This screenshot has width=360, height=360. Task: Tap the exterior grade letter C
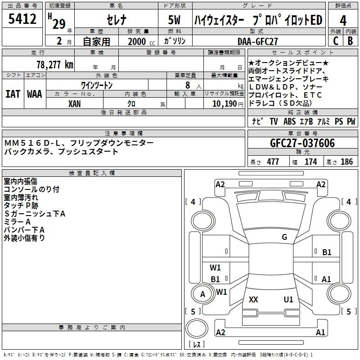point(335,40)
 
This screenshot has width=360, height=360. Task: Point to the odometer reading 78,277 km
point(54,65)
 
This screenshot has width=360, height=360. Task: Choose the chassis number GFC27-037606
point(302,143)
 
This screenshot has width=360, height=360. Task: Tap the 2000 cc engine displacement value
point(137,41)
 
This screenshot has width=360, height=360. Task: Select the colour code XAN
point(75,103)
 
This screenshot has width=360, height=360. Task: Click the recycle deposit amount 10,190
point(224,103)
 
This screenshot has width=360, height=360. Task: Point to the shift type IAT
point(13,94)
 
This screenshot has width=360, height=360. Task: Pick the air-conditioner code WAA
point(35,94)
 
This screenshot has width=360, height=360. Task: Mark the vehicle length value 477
point(273,162)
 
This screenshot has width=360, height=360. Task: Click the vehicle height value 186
point(346,162)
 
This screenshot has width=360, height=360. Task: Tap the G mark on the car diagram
point(284,237)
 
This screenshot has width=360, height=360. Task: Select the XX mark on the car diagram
point(253,300)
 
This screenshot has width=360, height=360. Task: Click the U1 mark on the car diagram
point(288,300)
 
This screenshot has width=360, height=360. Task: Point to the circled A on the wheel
point(202,294)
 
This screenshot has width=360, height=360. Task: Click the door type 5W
point(175,20)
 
